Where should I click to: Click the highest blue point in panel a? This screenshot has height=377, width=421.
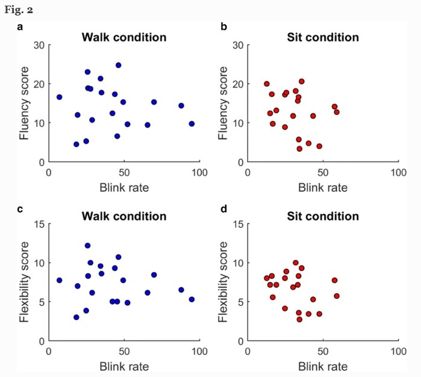coord(119,65)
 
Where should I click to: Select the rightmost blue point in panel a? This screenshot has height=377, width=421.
coord(192,124)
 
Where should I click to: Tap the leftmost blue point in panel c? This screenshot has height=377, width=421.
coord(60,280)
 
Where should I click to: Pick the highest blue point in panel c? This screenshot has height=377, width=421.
coord(87,246)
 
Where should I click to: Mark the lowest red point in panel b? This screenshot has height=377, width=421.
coord(300,149)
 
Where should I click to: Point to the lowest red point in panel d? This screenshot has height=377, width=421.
coord(300,319)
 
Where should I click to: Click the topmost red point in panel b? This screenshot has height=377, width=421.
coord(302,81)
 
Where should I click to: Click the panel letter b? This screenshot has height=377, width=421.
coord(223,27)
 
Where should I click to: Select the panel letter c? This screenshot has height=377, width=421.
coord(20,209)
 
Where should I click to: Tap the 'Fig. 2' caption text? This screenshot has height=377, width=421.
coord(19,10)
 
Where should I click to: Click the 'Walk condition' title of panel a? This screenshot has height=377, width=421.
coord(124,37)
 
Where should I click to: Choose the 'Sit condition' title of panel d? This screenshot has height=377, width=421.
coord(323,216)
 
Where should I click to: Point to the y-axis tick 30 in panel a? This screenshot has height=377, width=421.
coord(39,45)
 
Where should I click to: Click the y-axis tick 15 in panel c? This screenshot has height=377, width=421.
coord(39,223)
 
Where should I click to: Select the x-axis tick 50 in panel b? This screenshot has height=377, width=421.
coord(323,172)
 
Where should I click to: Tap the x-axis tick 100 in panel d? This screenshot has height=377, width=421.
coord(399,351)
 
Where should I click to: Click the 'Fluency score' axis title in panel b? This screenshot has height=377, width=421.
coord(223,103)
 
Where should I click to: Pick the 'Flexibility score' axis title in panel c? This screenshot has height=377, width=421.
coord(24,282)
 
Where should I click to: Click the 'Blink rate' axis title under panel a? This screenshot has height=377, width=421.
coord(124,187)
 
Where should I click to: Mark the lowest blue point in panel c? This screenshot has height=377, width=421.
coord(76,317)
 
